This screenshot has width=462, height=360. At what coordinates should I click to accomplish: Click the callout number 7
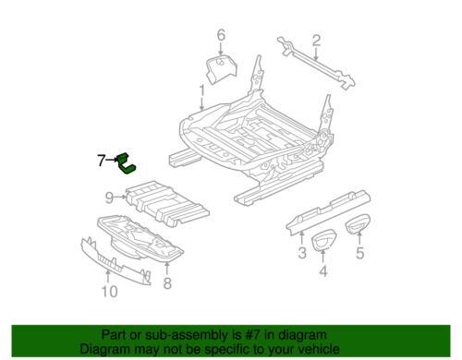[101, 161]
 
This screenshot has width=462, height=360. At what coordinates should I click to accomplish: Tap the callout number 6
[221, 35]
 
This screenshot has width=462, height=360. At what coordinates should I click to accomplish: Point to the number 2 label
[316, 41]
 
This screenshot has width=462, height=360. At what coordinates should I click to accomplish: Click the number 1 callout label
[202, 90]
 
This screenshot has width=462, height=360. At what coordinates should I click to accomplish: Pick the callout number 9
[109, 198]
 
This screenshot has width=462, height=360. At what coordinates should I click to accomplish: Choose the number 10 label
[110, 292]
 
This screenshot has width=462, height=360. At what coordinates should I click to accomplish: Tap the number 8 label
[167, 283]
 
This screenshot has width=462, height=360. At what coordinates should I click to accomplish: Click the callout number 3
[302, 253]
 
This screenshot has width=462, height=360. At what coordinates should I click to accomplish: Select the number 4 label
[322, 271]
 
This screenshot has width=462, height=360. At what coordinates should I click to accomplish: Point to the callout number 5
[359, 253]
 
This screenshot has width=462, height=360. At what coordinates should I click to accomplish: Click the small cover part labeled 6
[221, 69]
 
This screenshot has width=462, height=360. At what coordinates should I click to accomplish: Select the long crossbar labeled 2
[316, 63]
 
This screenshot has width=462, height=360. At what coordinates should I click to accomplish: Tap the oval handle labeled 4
[322, 241]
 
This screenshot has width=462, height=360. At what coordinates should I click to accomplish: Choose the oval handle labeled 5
[357, 225]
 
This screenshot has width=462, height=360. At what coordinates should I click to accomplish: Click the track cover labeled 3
[328, 211]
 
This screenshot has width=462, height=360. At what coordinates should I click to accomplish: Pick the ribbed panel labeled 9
[167, 203]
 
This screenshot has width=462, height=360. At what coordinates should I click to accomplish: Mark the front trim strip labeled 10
[115, 261]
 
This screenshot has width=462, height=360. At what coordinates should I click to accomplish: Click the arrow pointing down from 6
[221, 49]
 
